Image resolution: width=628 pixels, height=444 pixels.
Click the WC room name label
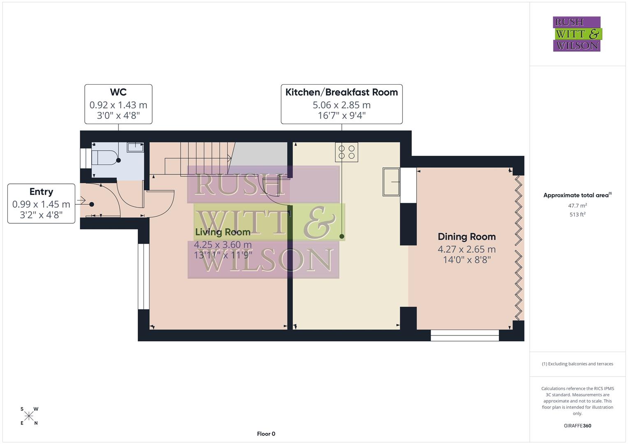coord(118,92)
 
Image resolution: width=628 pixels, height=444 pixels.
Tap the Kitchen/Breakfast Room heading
coord(341,92)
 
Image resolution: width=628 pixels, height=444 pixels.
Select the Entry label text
coord(41,192)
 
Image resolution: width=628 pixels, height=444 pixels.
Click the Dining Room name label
coord(466,237)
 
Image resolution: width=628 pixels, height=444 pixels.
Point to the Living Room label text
coord(222,232)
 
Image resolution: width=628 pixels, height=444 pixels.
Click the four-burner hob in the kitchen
coord(346,152)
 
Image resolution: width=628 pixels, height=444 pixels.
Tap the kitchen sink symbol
coord(391,181)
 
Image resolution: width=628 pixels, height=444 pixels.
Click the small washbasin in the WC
coord(135,147)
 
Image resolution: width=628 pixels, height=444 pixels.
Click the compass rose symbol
coord(29,416)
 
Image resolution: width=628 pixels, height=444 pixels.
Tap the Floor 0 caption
coord(266,434)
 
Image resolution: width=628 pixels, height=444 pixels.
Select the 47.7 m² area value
coord(577,206)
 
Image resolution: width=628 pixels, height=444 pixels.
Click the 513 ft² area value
coord(577,215)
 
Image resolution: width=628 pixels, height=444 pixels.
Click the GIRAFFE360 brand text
coord(577,425)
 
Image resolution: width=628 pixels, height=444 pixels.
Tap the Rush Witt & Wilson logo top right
coord(577,34)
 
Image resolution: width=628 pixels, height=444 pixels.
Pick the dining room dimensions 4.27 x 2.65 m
coord(466,249)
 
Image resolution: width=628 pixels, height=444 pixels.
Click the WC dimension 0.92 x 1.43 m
coord(118,105)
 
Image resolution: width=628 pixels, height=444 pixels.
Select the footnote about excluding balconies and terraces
coord(577,364)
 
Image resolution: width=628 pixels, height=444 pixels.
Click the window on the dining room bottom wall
coord(465,335)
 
